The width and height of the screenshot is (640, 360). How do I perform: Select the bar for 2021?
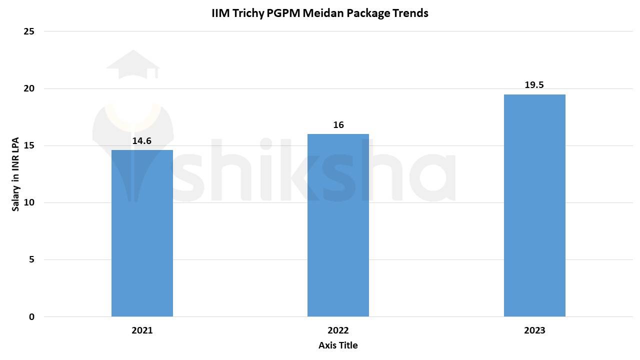click(142, 233)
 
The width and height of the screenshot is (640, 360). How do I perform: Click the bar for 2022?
click(338, 225)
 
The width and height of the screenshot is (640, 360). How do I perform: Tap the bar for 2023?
click(534, 205)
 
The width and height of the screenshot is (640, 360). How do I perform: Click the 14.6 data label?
click(142, 141)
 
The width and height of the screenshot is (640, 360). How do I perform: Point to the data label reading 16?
click(338, 125)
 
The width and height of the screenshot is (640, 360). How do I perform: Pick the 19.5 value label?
click(534, 85)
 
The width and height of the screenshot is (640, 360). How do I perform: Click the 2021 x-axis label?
click(142, 330)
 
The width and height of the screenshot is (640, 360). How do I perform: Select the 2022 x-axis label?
click(338, 330)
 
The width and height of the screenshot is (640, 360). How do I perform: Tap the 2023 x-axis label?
click(534, 330)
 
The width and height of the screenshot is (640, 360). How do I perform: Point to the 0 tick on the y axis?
click(31, 316)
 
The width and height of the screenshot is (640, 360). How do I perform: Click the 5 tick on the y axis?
click(31, 259)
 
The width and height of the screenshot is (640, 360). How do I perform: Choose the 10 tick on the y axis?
click(29, 202)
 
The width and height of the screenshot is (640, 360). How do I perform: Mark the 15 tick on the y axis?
click(29, 145)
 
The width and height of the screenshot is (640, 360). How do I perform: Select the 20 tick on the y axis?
click(29, 88)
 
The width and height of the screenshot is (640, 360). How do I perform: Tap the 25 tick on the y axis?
click(29, 31)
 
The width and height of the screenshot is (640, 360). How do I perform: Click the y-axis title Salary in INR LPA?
click(15, 174)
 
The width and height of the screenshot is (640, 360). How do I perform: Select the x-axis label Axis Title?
click(338, 345)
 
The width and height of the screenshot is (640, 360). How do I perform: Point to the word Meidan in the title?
click(324, 13)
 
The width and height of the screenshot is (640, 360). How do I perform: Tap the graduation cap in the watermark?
click(133, 63)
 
